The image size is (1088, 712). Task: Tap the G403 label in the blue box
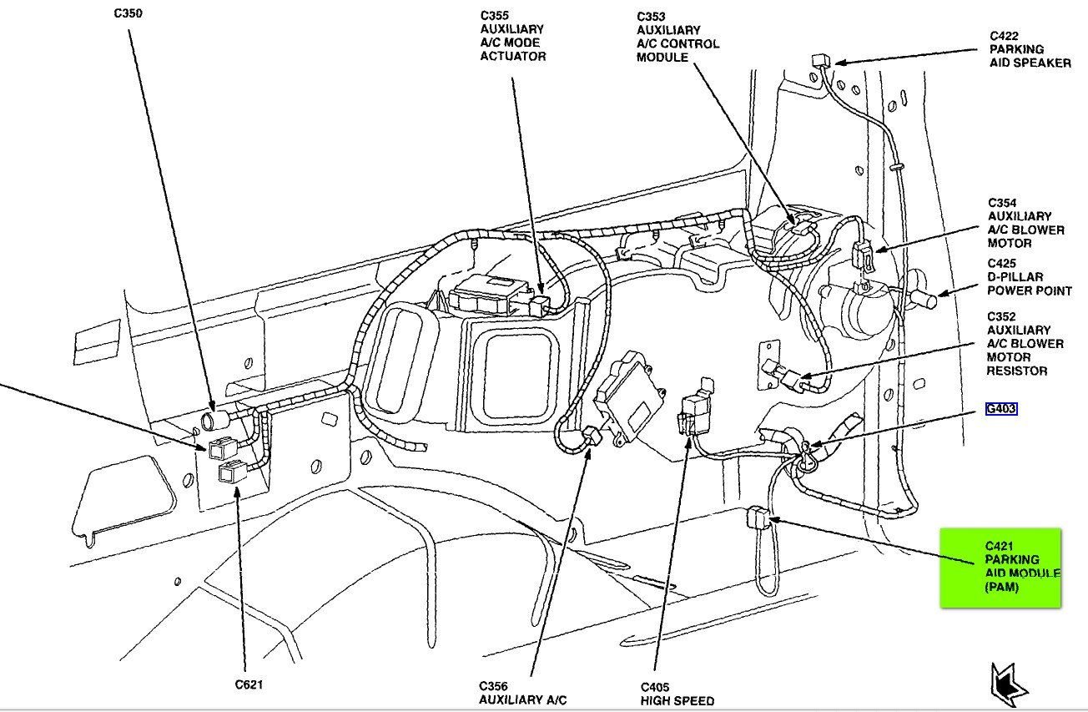pyautogui.click(x=1000, y=410)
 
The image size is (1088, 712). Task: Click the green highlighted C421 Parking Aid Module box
pyautogui.click(x=1000, y=568)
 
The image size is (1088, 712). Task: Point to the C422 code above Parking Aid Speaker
pyautogui.click(x=1006, y=36)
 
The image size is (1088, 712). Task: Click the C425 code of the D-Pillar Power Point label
pyautogui.click(x=1005, y=263)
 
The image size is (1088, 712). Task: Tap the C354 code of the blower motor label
pyautogui.click(x=1005, y=203)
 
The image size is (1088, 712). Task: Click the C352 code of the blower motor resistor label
pyautogui.click(x=1005, y=316)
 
